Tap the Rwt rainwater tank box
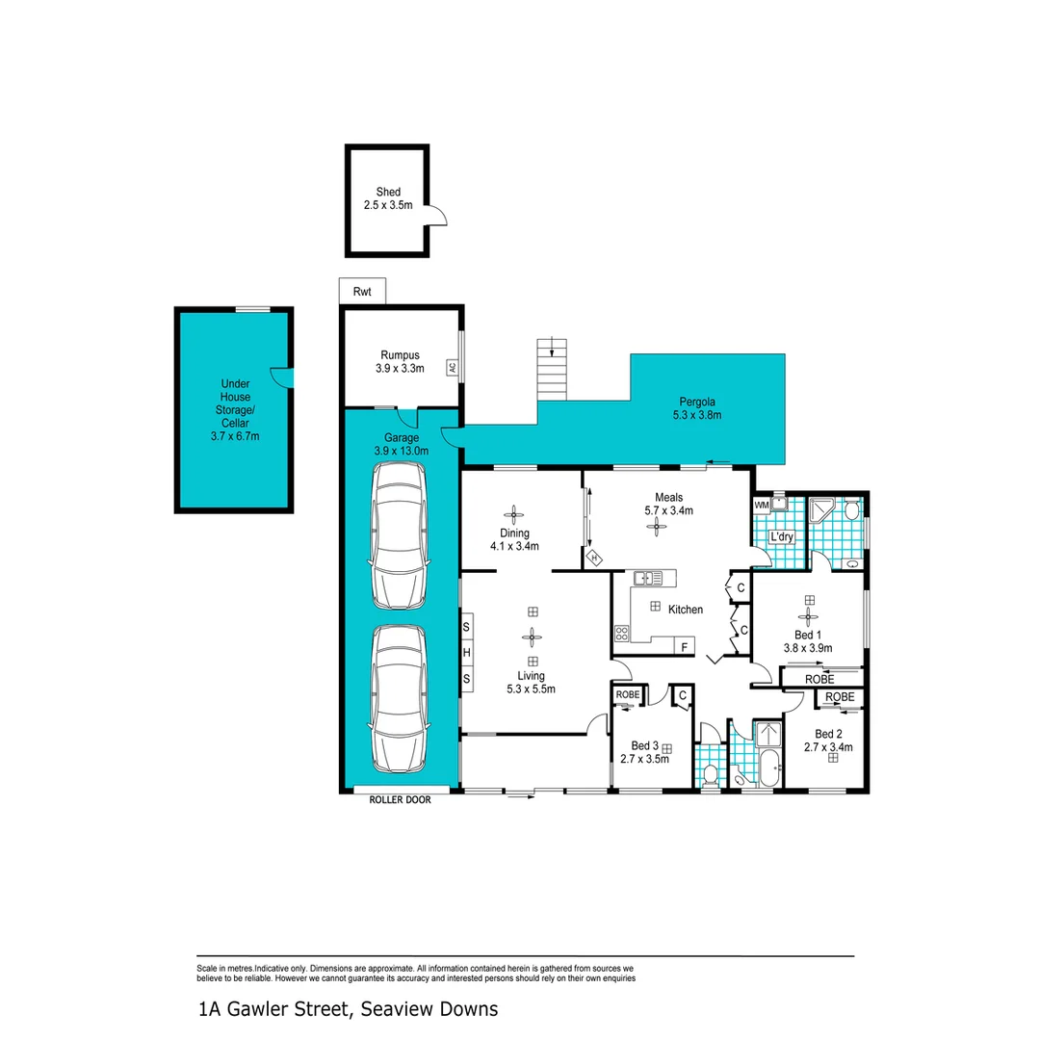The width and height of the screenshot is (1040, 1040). point(362,292)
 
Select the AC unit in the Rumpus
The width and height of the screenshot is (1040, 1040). point(451,367)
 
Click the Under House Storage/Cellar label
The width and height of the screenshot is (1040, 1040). point(235,409)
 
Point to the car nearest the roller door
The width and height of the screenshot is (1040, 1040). point(398,699)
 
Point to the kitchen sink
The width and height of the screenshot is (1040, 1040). point(646,578)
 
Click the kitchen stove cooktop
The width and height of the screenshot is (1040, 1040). point(622,634)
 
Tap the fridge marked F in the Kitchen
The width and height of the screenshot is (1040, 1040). point(684,647)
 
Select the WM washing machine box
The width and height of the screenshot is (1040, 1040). point(761,505)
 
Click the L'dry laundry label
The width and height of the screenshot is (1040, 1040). point(780,536)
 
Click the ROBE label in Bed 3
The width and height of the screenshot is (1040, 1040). point(628,694)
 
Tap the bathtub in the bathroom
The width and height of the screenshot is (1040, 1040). point(768,768)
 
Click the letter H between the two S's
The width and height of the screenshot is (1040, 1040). point(467,653)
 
